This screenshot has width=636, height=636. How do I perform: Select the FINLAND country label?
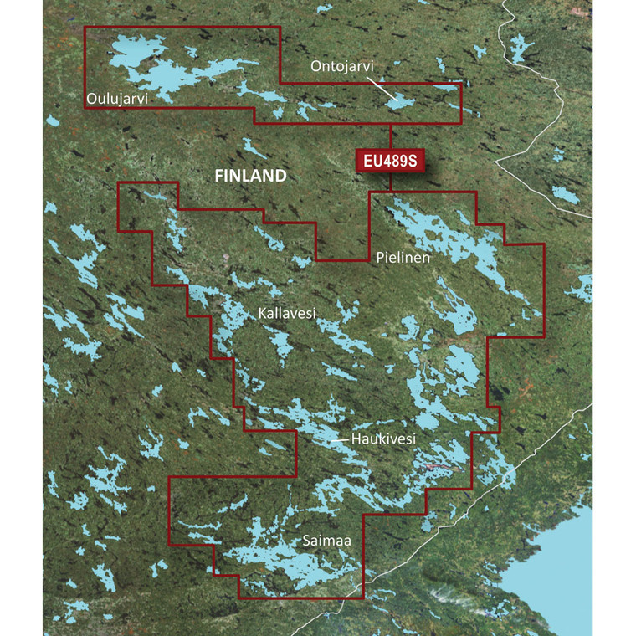(x=251, y=177)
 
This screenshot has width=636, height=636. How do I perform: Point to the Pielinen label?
(x=403, y=259)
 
